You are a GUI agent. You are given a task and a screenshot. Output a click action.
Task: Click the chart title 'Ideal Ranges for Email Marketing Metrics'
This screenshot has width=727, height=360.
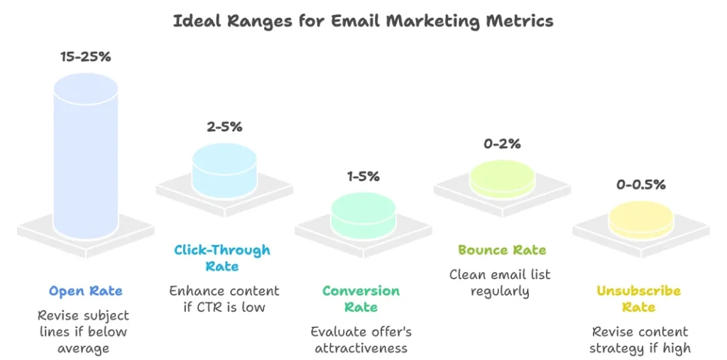[x=363, y=21]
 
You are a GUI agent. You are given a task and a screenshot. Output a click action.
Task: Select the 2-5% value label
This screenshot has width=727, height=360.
[x=224, y=127]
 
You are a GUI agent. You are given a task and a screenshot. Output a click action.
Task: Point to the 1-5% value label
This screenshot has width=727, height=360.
[x=363, y=176]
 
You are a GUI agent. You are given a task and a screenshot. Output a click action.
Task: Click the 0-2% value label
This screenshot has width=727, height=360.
[x=502, y=144]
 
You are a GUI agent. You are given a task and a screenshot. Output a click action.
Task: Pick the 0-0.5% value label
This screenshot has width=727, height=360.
[x=640, y=185]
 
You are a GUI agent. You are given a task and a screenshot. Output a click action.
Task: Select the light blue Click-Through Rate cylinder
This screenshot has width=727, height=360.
[x=224, y=170]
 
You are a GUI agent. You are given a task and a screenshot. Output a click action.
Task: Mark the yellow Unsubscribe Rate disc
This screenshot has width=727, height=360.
[x=640, y=219]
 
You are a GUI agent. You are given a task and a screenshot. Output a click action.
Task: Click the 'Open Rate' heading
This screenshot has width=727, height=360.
[x=86, y=291]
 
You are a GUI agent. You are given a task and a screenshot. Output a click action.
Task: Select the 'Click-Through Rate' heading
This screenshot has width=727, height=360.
[x=222, y=258]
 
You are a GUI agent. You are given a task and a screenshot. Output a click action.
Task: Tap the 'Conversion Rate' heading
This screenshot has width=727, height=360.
[x=361, y=299]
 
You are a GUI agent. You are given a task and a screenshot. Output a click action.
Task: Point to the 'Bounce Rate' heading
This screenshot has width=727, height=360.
[x=502, y=250]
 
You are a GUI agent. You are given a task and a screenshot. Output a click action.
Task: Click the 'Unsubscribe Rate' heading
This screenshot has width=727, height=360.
[x=638, y=299]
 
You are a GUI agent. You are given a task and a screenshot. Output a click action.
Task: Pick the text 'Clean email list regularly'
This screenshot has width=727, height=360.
[x=500, y=282]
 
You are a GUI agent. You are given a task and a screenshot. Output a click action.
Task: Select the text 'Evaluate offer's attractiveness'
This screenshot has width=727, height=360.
[x=361, y=339]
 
